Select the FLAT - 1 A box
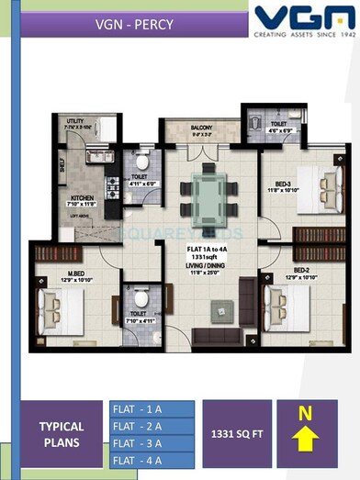[152, 408]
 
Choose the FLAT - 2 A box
[152, 425]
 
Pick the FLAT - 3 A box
[152, 442]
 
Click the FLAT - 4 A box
[152, 460]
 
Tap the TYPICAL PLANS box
[61, 433]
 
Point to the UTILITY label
[75, 121]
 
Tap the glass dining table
[207, 192]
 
